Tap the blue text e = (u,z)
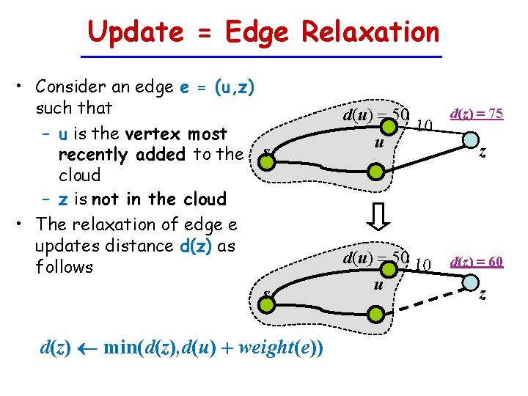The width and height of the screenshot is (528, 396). pos(217,87)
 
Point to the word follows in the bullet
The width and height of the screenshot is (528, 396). pos(65,267)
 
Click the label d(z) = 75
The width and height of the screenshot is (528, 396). pos(476,113)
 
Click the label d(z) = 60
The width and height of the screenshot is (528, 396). pos(476,261)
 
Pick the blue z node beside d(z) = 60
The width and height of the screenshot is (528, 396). pos(469,285)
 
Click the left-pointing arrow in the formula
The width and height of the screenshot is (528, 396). pos(85,348)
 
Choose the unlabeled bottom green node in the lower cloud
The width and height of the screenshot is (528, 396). pos(375,315)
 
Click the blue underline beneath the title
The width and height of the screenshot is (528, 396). pos(261,56)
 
